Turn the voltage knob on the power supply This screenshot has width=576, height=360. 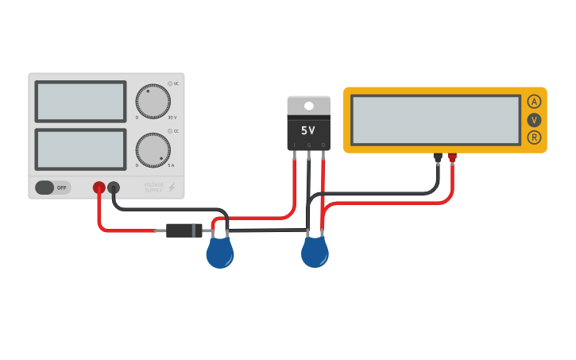pyautogui.click(x=153, y=102)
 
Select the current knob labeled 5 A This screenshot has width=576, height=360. pyautogui.click(x=153, y=149)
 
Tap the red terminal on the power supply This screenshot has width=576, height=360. pyautogui.click(x=99, y=188)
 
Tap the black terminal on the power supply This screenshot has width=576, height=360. pyautogui.click(x=114, y=188)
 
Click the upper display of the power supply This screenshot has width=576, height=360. pyautogui.click(x=80, y=101)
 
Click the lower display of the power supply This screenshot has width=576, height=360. pyautogui.click(x=80, y=149)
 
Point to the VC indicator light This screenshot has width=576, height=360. pyautogui.click(x=169, y=83)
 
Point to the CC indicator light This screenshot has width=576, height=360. pyautogui.click(x=169, y=131)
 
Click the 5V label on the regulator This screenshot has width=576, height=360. pyautogui.click(x=308, y=130)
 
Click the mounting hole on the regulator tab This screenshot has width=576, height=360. pyautogui.click(x=308, y=106)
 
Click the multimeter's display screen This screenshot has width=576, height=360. pyautogui.click(x=435, y=120)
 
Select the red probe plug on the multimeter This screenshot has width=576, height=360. pyautogui.click(x=452, y=157)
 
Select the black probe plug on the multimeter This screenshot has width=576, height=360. pyautogui.click(x=437, y=157)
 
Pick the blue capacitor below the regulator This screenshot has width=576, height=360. pyautogui.click(x=315, y=254)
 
